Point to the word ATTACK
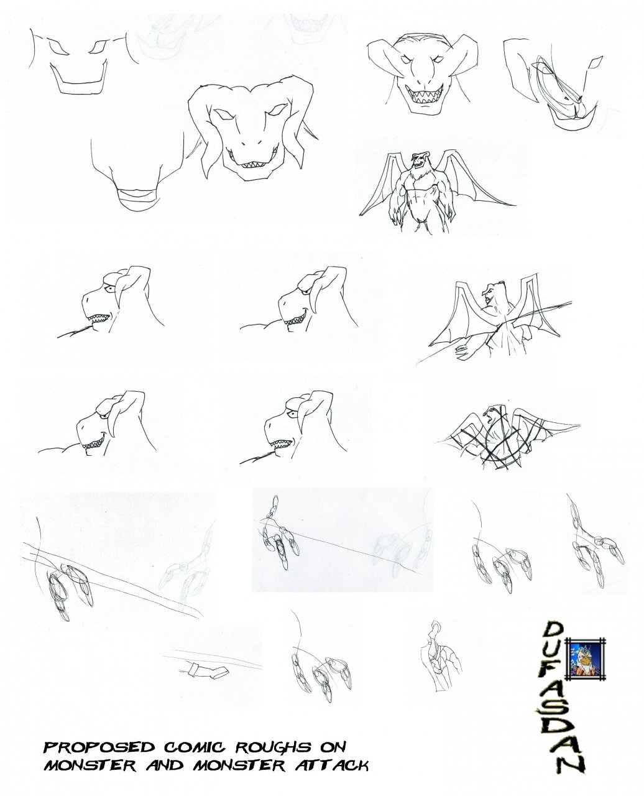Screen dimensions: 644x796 click(332, 754)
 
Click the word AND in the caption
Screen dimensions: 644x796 click(164, 754)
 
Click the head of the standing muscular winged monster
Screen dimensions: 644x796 click(419, 160)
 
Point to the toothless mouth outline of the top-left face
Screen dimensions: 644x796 click(78, 80)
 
